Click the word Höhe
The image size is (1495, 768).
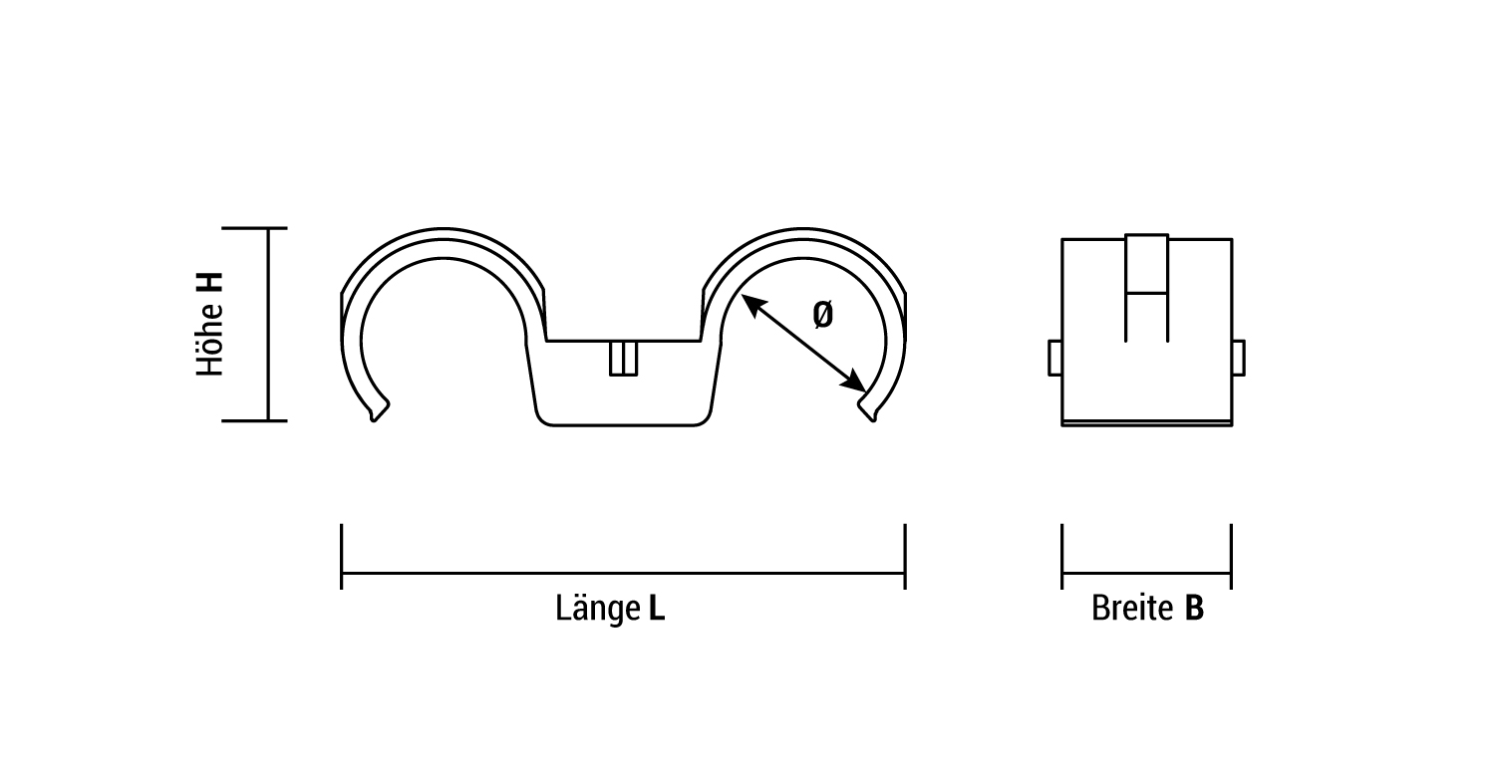click(210, 338)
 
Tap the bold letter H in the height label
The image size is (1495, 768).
click(210, 283)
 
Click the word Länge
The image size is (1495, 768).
click(597, 608)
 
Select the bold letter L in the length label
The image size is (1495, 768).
click(656, 608)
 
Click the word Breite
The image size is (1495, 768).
click(1132, 608)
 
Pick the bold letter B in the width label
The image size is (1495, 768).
click(1194, 608)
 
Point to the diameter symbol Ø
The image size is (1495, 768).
click(822, 315)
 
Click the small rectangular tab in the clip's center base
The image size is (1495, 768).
click(623, 359)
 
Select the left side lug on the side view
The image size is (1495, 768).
click(1055, 358)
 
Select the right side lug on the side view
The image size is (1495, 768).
click(1238, 358)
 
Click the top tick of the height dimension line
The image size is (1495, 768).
click(255, 228)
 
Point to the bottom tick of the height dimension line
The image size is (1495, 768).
click(255, 420)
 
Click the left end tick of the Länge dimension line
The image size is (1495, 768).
click(342, 556)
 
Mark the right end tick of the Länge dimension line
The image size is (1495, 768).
click(905, 556)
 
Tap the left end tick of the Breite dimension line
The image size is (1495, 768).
click(1062, 556)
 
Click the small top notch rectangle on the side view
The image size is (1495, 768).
click(1146, 263)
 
